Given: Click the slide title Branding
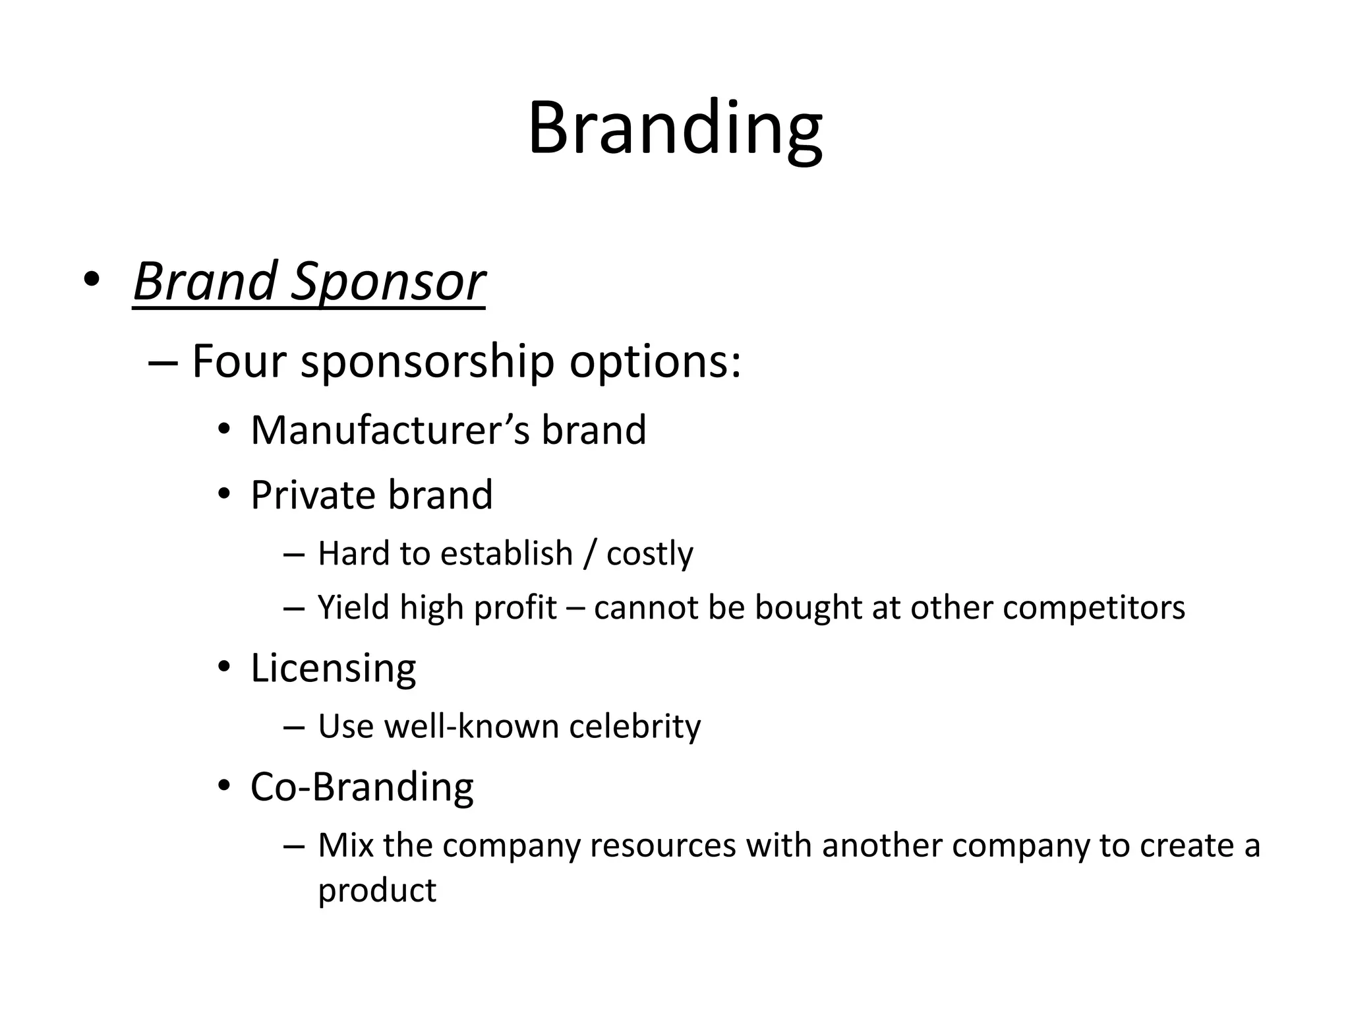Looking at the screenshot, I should click(675, 129).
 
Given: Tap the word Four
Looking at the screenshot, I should click(239, 361).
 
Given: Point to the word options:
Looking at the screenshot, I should click(655, 363).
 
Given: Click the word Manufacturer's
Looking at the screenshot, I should click(390, 431).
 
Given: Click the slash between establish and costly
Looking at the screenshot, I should click(589, 553).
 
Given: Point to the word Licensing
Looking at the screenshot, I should click(333, 669).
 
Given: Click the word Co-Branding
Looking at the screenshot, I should click(362, 787).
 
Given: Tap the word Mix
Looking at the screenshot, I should click(345, 845).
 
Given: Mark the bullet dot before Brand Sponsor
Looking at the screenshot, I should click(92, 280).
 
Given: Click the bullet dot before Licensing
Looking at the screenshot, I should click(224, 667).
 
